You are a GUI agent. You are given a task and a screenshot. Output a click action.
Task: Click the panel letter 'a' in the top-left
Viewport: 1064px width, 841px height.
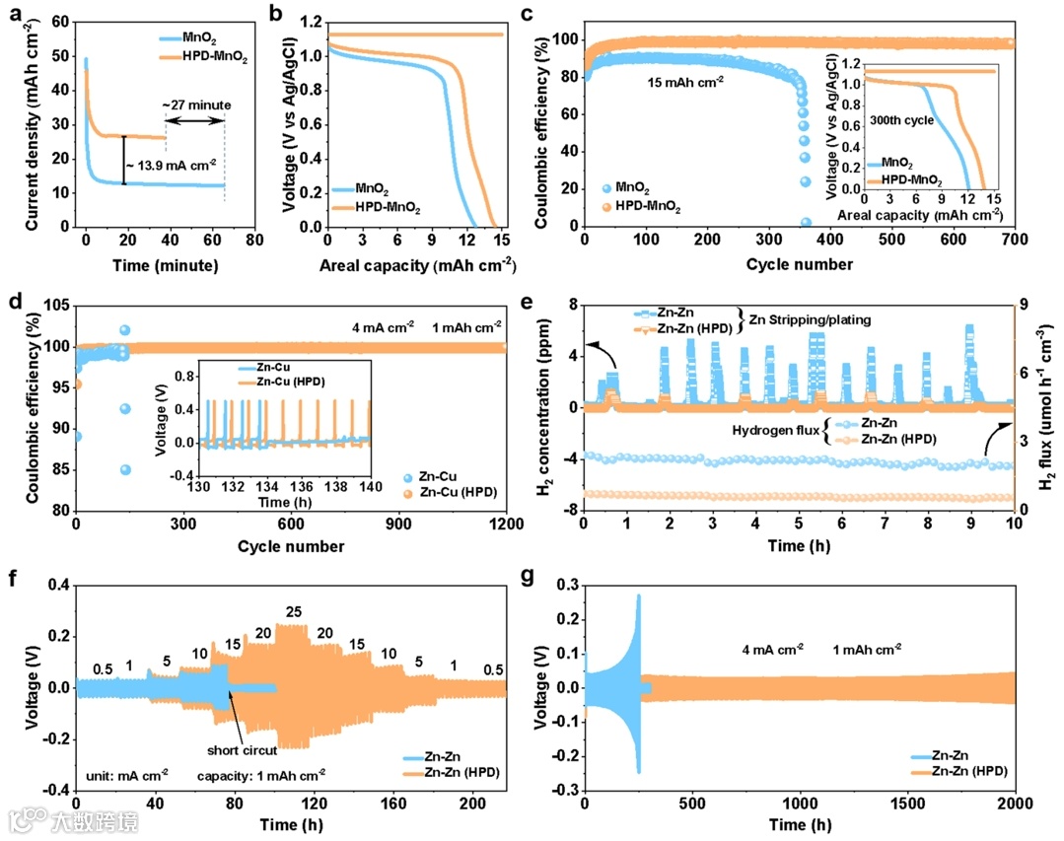coord(14,13)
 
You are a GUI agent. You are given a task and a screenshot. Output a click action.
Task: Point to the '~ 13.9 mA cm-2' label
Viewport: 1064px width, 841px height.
coord(173,162)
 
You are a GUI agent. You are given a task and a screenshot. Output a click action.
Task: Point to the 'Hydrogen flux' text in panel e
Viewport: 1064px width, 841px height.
coord(775,430)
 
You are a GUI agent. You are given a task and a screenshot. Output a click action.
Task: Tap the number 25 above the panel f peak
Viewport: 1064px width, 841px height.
coord(293,612)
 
